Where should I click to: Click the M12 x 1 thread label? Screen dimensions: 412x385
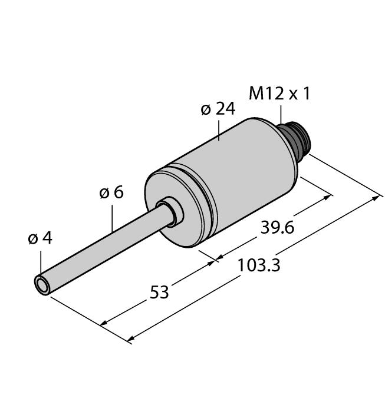tap(279, 94)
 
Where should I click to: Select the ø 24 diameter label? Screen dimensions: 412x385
tap(218, 109)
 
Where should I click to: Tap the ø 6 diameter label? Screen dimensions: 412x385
tap(111, 192)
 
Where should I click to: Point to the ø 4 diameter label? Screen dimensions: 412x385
tap(40, 238)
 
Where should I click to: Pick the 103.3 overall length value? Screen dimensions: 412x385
tap(258, 266)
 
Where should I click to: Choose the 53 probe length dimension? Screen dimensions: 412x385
tap(159, 291)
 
